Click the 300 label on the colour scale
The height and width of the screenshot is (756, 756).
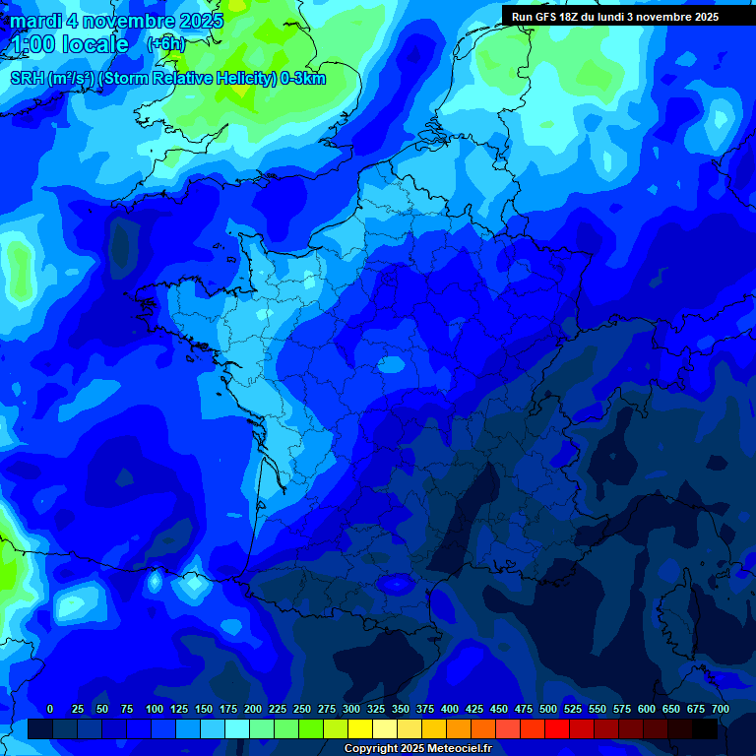click(x=351, y=709)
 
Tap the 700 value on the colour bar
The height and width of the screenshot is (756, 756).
click(x=720, y=709)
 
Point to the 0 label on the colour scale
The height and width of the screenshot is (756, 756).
click(x=50, y=709)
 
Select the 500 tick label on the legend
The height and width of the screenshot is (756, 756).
click(x=548, y=709)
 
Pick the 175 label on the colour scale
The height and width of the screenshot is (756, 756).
click(x=228, y=709)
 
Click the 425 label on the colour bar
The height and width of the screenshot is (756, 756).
click(x=474, y=709)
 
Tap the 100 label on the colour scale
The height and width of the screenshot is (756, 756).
click(x=155, y=709)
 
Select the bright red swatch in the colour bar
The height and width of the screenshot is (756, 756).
click(x=557, y=728)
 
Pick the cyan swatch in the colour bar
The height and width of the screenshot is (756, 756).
click(x=237, y=728)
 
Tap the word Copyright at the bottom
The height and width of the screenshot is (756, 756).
click(x=373, y=749)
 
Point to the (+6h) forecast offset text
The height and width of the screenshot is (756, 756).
click(x=165, y=43)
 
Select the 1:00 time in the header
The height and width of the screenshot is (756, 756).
click(x=33, y=44)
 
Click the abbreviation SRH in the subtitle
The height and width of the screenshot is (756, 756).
click(x=27, y=79)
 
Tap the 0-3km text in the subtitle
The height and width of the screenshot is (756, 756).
click(x=303, y=79)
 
